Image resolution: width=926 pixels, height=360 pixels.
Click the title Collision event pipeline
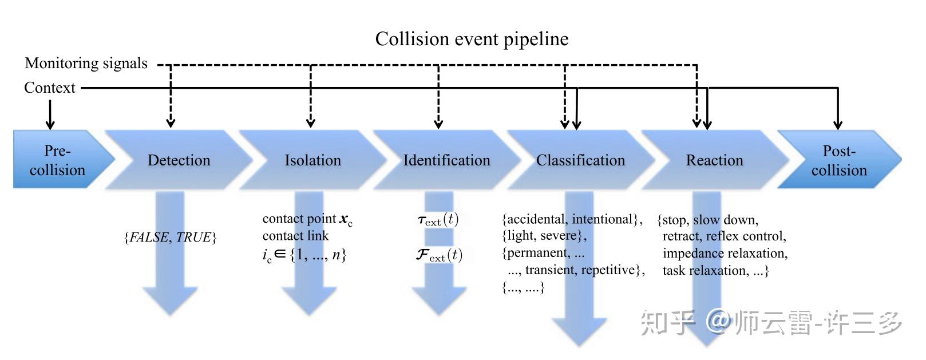point(472,39)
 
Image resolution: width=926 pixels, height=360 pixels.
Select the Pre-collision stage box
point(57,160)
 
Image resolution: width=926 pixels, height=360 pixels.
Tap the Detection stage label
point(179,160)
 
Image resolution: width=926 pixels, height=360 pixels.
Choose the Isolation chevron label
point(312,160)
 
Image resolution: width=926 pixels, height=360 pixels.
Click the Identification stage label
point(446,160)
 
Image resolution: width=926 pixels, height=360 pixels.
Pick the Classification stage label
point(580,160)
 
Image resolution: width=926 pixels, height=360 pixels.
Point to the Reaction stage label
point(714,160)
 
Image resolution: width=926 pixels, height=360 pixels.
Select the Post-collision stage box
point(838,160)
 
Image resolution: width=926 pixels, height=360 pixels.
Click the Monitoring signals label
point(86,64)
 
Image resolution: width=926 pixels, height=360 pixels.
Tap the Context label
point(49,88)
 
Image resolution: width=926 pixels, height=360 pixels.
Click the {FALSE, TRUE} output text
point(170,238)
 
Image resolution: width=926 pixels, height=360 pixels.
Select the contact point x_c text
point(307,219)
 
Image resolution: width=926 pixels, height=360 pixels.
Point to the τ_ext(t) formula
point(438,220)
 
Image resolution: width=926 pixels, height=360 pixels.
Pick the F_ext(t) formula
point(439,255)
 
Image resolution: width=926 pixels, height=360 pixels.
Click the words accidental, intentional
point(572,219)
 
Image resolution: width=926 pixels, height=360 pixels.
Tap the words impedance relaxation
point(725,254)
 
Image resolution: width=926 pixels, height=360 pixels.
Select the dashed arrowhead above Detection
point(170,122)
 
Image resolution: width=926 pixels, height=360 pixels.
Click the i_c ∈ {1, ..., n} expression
point(304,255)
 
